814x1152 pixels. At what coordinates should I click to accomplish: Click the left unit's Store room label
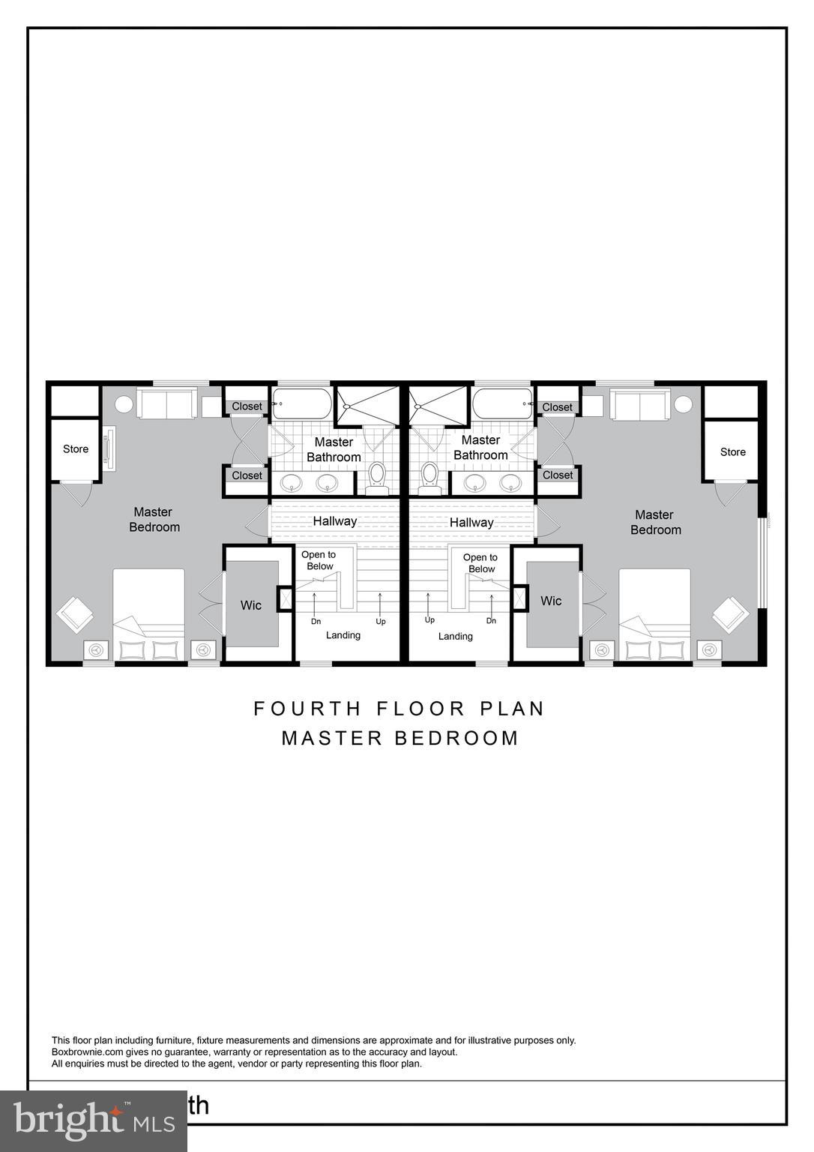point(76,449)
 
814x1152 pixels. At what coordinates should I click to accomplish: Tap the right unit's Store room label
point(732,452)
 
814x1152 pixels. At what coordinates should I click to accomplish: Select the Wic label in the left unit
point(251,605)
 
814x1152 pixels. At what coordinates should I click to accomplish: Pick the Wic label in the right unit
point(551,601)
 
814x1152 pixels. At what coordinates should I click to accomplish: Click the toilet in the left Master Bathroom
point(377,475)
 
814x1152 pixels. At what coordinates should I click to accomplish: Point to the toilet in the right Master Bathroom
point(429,475)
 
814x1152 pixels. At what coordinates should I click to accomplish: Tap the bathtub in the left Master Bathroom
point(302,403)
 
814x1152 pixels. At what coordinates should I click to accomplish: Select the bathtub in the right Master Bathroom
point(502,403)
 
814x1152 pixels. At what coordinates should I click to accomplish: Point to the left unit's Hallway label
point(334,521)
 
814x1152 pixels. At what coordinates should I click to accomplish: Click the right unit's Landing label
point(455,637)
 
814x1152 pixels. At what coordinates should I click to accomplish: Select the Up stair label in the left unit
point(381,622)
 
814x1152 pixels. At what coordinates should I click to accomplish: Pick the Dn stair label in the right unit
point(491,621)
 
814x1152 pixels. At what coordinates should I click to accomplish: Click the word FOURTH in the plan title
point(307,709)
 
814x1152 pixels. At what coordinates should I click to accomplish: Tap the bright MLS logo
point(93,1120)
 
